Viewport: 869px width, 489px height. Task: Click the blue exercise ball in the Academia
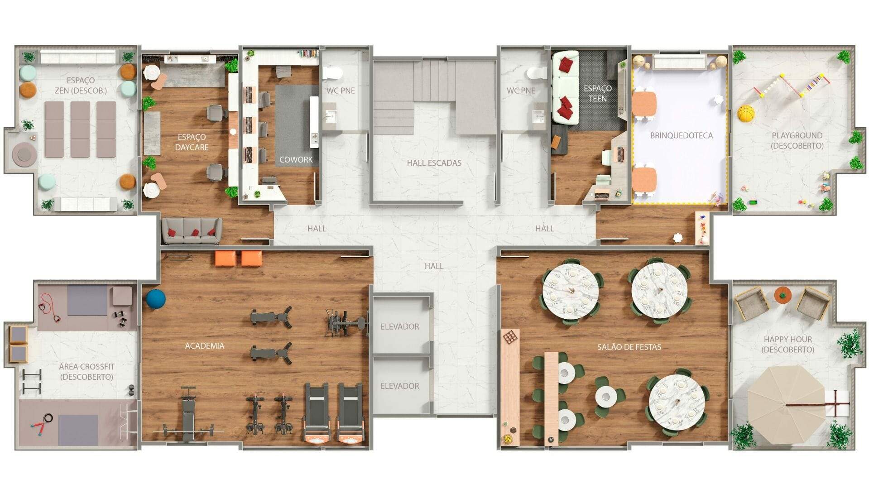pyautogui.click(x=156, y=299)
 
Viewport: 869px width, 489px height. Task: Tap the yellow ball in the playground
pyautogui.click(x=745, y=114)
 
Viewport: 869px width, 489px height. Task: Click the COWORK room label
pyautogui.click(x=296, y=159)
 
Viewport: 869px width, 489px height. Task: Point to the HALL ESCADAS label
pyautogui.click(x=434, y=163)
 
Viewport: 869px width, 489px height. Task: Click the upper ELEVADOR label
pyautogui.click(x=399, y=326)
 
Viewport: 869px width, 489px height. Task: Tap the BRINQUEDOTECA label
pyautogui.click(x=681, y=135)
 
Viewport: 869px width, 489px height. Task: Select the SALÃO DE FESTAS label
pyautogui.click(x=629, y=347)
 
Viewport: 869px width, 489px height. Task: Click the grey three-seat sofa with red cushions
pyautogui.click(x=192, y=231)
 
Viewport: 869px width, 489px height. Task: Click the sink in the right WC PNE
pyautogui.click(x=538, y=115)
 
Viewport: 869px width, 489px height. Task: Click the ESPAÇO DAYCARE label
pyautogui.click(x=192, y=142)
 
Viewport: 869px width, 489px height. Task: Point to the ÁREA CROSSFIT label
pyautogui.click(x=86, y=371)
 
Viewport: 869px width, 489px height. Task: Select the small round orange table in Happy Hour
pyautogui.click(x=782, y=295)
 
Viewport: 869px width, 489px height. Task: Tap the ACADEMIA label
pyautogui.click(x=204, y=346)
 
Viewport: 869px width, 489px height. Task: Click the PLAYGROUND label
pyautogui.click(x=797, y=140)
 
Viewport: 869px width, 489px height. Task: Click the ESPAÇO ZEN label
pyautogui.click(x=81, y=85)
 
